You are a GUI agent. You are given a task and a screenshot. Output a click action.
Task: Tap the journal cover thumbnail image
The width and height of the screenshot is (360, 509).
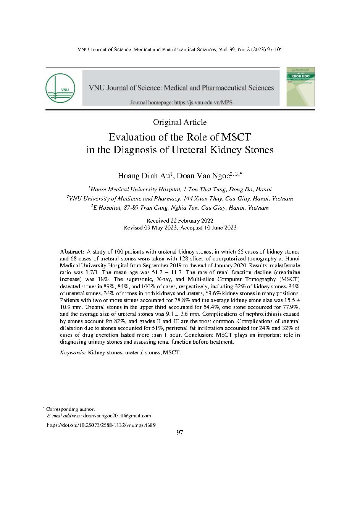[x=301, y=86]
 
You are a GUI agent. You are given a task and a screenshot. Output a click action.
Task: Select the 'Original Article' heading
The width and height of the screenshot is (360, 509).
[x=180, y=122]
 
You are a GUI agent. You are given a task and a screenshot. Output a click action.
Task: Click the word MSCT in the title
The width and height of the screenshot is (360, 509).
[x=235, y=137]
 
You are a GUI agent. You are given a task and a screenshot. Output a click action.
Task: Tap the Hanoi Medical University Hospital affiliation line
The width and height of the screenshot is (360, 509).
[x=180, y=189]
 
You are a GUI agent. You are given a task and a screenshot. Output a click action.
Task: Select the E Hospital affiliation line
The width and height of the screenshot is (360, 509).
[x=180, y=208]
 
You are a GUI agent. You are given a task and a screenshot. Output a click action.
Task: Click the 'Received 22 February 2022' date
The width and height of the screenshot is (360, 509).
[x=180, y=221]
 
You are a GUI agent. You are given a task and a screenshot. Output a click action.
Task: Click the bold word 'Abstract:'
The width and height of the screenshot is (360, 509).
[x=72, y=252]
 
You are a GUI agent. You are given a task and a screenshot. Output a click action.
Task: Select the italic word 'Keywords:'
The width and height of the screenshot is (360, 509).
[x=73, y=352]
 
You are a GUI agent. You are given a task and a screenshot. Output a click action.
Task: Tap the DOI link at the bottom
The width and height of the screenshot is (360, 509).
[x=101, y=425]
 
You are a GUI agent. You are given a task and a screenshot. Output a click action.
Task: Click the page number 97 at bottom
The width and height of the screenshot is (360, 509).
[x=180, y=432]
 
